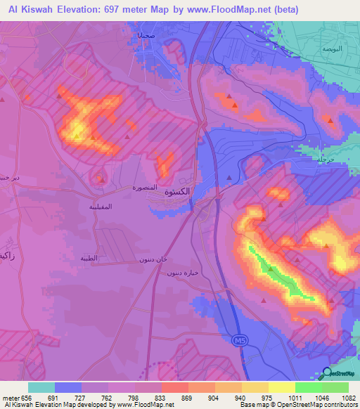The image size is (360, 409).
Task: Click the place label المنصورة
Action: point(148,188)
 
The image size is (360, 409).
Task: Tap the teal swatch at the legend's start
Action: point(41,387)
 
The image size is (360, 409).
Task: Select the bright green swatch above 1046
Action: point(308,387)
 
